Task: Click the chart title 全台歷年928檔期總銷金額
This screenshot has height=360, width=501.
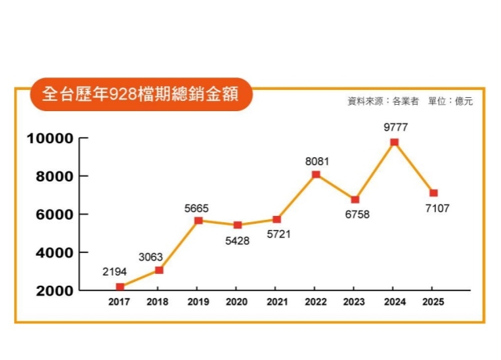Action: pyautogui.click(x=141, y=95)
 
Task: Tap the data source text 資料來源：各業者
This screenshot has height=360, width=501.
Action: pyautogui.click(x=384, y=101)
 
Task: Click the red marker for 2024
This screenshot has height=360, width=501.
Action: pyautogui.click(x=394, y=142)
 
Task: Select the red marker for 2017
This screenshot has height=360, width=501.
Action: pyautogui.click(x=120, y=287)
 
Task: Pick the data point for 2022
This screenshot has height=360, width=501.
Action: pyautogui.click(x=315, y=175)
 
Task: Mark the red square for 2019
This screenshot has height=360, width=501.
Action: pyautogui.click(x=198, y=221)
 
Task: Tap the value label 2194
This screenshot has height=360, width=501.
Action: pyautogui.click(x=116, y=272)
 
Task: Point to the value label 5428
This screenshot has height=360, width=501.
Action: pyautogui.click(x=237, y=241)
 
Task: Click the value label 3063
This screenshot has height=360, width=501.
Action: pyautogui.click(x=152, y=256)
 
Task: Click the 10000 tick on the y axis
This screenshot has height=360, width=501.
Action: pyautogui.click(x=49, y=139)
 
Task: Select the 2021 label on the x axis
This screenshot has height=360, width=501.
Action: pyautogui.click(x=276, y=302)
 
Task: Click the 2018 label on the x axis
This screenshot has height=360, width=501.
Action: pyautogui.click(x=159, y=302)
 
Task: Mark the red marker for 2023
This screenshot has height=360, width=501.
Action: pyautogui.click(x=355, y=200)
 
